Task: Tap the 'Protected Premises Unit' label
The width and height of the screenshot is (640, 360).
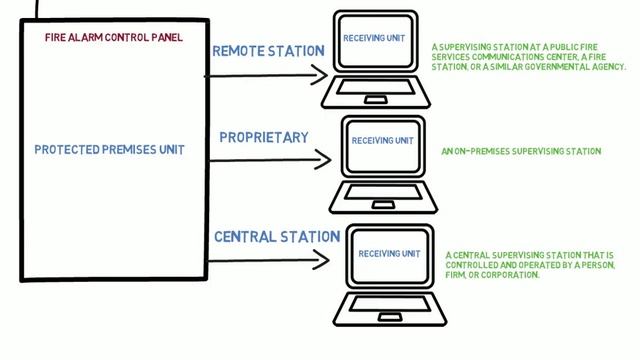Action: pyautogui.click(x=109, y=150)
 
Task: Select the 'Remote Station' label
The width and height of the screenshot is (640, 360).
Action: pyautogui.click(x=268, y=51)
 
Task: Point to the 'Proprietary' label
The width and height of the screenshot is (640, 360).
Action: pyautogui.click(x=263, y=137)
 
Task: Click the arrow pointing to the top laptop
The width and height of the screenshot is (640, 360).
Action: pyautogui.click(x=270, y=73)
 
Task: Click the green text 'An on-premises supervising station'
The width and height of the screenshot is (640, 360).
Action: pyautogui.click(x=520, y=152)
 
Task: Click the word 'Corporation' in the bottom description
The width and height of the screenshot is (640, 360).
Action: pyautogui.click(x=511, y=275)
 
